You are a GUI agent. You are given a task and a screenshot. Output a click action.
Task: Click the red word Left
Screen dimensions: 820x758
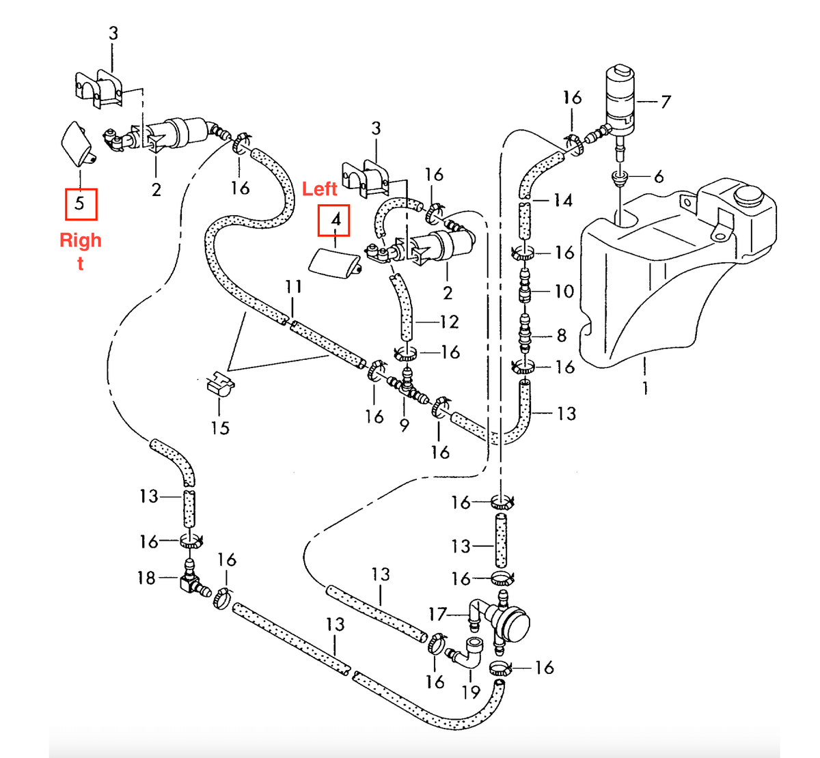point(320,189)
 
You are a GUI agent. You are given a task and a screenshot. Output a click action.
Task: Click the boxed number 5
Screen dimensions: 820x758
point(80,203)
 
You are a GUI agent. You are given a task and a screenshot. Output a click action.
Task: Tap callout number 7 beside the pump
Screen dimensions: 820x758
point(666,102)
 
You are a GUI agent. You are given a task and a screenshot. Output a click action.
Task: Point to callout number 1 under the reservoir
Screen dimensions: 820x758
point(644,389)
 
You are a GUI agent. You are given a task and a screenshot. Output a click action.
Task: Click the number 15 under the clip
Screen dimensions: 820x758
point(220,428)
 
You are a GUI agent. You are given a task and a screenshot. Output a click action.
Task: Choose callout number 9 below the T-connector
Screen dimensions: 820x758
point(405,425)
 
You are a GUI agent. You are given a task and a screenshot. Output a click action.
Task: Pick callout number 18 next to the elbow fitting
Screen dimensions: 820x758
point(147,578)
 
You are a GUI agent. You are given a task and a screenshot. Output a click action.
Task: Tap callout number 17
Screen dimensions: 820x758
point(438,615)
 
